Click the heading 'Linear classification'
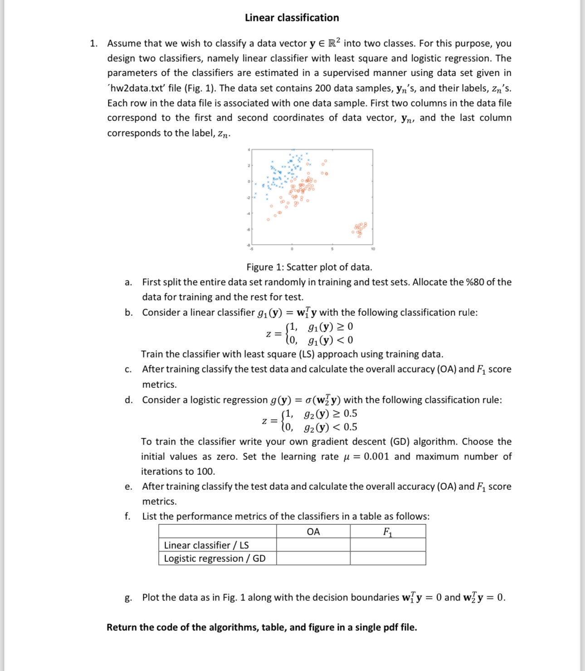pyautogui.click(x=292, y=18)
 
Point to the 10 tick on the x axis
pyautogui.click(x=373, y=249)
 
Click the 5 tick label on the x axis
pyautogui.click(x=332, y=249)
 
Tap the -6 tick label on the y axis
pyautogui.click(x=248, y=229)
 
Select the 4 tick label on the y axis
pyautogui.click(x=249, y=150)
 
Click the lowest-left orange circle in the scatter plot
pyautogui.click(x=268, y=220)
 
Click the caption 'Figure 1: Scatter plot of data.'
pyautogui.click(x=309, y=267)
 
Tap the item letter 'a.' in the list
pyautogui.click(x=128, y=282)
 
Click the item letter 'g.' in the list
pyautogui.click(x=128, y=598)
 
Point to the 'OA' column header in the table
pyautogui.click(x=313, y=531)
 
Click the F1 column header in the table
pyautogui.click(x=388, y=531)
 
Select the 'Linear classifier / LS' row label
pyautogui.click(x=206, y=545)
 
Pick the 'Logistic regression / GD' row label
pyautogui.click(x=214, y=558)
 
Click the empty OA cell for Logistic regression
pyautogui.click(x=313, y=558)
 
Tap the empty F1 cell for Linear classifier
pyautogui.click(x=388, y=545)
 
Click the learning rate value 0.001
pyautogui.click(x=376, y=457)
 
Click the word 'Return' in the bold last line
pyautogui.click(x=122, y=628)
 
